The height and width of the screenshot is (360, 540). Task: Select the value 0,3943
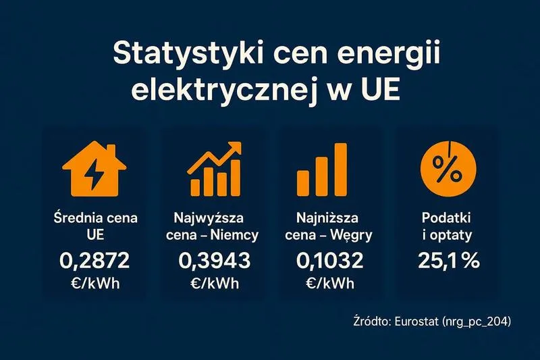tap(214, 259)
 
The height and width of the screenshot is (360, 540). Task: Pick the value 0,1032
tap(329, 259)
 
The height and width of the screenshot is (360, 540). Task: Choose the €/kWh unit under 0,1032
tap(329, 284)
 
